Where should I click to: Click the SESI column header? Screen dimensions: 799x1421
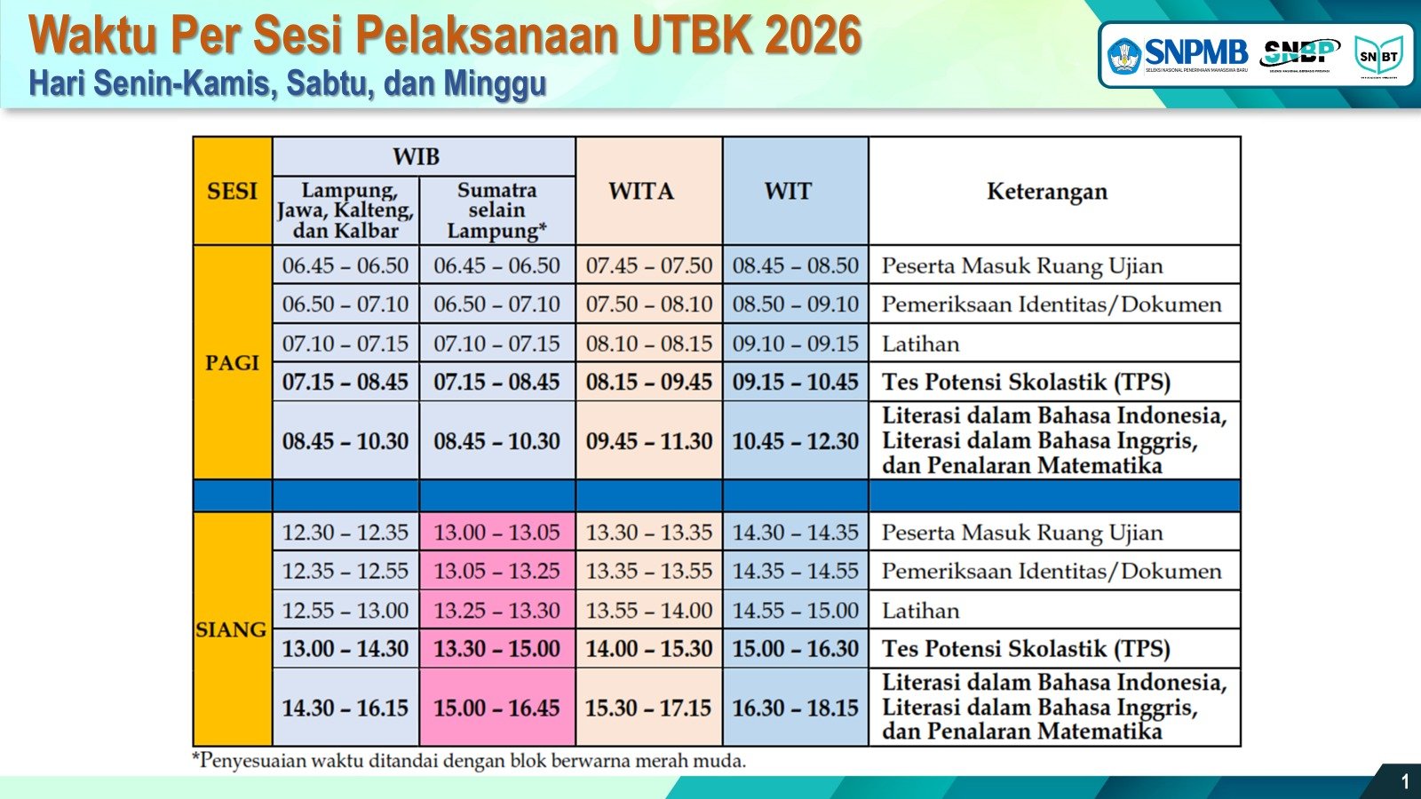(x=232, y=191)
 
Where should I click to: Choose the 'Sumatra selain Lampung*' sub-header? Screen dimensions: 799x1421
(x=496, y=210)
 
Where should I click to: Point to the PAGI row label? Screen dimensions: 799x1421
(x=232, y=362)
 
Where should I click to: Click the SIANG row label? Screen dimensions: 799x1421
(x=231, y=629)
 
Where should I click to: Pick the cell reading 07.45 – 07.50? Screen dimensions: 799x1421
(x=648, y=265)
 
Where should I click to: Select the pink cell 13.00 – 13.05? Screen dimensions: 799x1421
(x=496, y=532)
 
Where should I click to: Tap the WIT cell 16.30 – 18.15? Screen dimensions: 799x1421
(x=795, y=708)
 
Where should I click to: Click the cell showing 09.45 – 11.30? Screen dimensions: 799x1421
(x=648, y=440)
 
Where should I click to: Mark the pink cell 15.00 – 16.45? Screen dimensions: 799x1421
(x=496, y=708)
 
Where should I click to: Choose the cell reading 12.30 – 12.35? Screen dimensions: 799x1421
(x=345, y=532)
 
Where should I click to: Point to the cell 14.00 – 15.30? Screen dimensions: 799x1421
(x=648, y=648)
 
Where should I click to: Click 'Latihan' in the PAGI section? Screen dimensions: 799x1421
(x=920, y=344)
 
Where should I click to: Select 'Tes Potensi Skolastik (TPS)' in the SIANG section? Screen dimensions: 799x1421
(x=1026, y=648)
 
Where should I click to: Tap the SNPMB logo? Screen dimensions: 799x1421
(x=1178, y=55)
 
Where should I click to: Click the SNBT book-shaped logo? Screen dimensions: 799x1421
(x=1377, y=56)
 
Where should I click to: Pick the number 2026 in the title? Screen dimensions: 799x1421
(x=813, y=36)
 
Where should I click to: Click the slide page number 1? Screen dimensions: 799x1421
(x=1404, y=781)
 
